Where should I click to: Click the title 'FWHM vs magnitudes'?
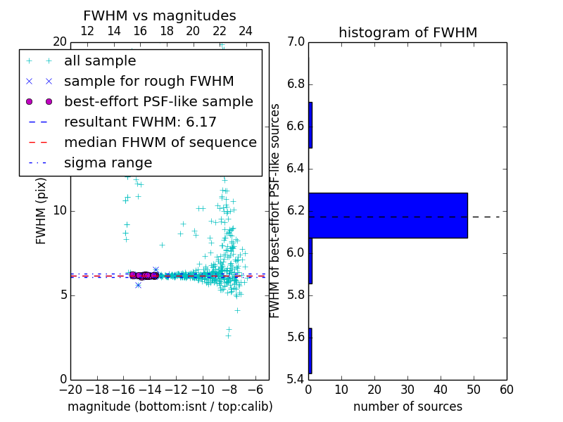coord(159,15)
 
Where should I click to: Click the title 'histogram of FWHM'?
coord(407,32)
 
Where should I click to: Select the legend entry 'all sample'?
coord(100,61)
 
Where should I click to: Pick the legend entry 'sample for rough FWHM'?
coord(148,81)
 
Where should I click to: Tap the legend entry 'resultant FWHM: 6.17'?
coord(140,122)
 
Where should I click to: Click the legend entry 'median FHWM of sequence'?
coord(160,142)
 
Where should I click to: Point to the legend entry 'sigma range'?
coord(108,162)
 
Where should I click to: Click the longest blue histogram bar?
coord(388,215)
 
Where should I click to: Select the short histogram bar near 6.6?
coord(310,125)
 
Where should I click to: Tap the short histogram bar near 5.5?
coord(310,350)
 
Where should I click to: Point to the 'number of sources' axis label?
coord(407,407)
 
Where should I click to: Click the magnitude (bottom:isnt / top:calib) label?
coord(170,407)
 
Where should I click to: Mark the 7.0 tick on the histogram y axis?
coord(296,41)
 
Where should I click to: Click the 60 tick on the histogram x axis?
coord(506,389)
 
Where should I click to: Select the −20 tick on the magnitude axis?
coord(70,389)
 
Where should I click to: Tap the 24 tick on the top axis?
coord(246,31)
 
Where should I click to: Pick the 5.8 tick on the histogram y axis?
coord(296,295)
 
